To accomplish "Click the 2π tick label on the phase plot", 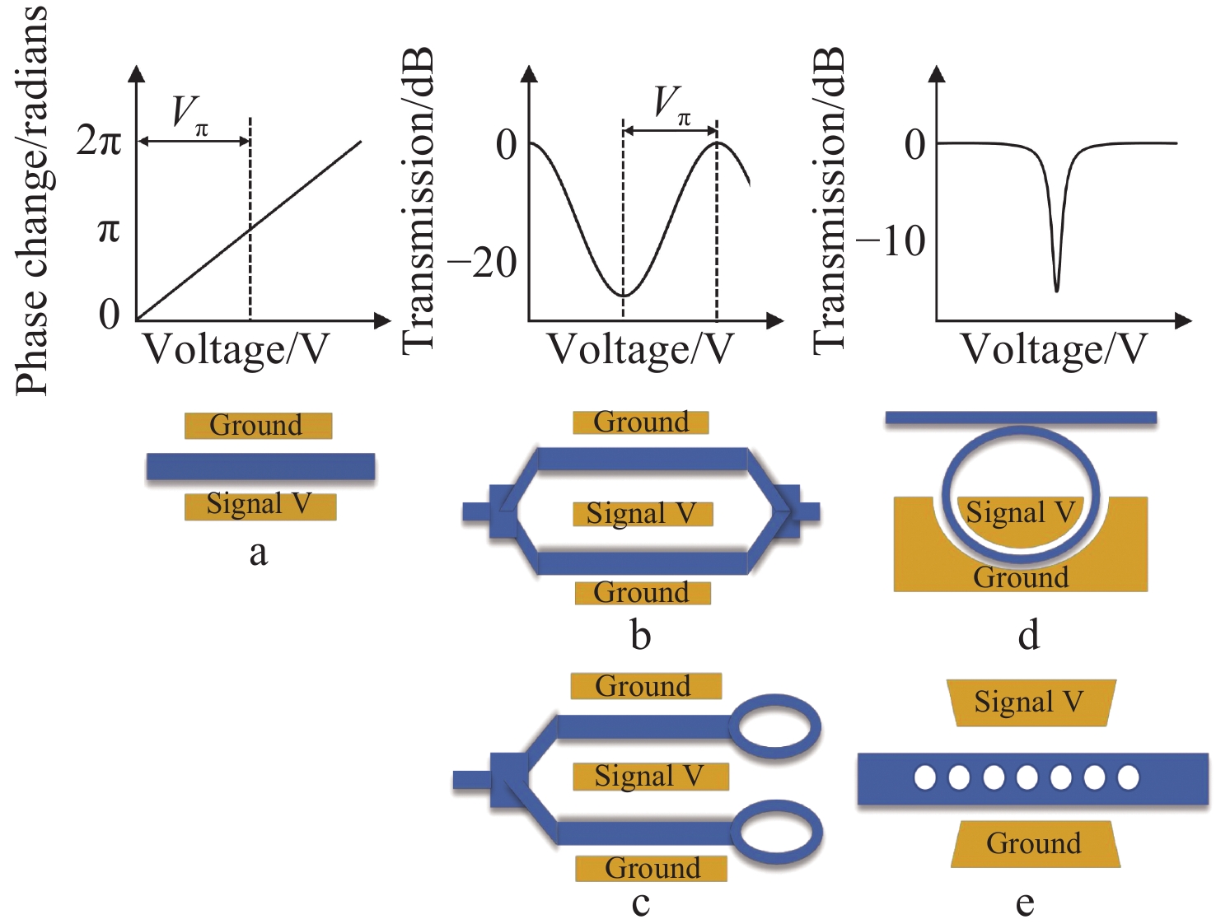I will click(x=99, y=141).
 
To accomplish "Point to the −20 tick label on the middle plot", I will click(x=482, y=264).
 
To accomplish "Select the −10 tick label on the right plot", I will click(x=891, y=241).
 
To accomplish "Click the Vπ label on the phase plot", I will click(x=189, y=113).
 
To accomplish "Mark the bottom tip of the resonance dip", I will click(x=1056, y=290).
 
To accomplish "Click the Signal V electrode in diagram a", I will click(x=260, y=505).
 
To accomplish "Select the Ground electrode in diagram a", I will click(x=258, y=426).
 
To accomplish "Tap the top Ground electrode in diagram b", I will click(x=641, y=422).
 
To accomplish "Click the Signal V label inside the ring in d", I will click(x=1020, y=513).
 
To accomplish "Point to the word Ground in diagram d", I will click(x=1021, y=577).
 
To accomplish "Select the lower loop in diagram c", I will click(x=777, y=833).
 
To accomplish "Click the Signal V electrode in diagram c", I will click(x=650, y=776).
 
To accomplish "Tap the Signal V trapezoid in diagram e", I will click(x=1030, y=702).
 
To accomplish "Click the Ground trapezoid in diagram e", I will click(x=1035, y=844).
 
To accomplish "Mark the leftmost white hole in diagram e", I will click(x=925, y=777).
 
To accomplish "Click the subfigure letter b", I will click(x=640, y=635).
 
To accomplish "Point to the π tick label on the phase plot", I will click(x=109, y=230).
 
